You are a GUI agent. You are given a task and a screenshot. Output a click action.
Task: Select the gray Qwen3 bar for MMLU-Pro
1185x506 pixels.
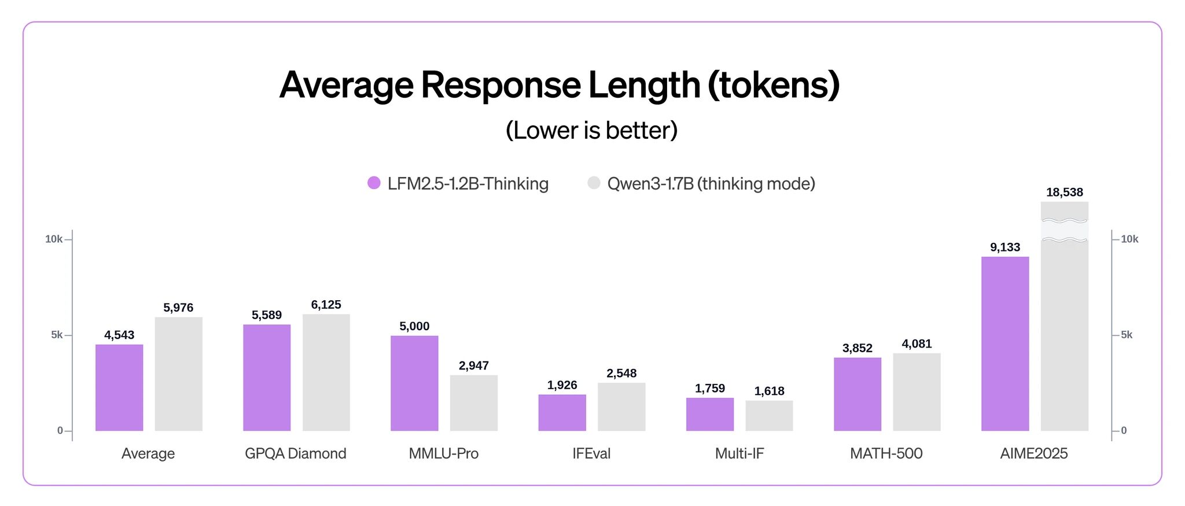coord(474,403)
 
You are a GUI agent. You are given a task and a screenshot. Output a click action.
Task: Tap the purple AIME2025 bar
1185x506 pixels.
coord(1005,344)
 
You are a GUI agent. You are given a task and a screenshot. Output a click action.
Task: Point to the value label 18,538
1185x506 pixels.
coord(1065,193)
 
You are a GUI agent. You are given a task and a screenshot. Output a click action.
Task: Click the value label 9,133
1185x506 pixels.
coord(1005,248)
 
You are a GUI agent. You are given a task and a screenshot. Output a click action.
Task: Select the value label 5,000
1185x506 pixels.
coord(414,327)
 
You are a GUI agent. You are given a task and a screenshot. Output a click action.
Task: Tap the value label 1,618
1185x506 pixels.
coord(769,391)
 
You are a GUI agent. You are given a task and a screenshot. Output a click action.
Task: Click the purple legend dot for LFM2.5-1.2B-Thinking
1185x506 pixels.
coord(374,183)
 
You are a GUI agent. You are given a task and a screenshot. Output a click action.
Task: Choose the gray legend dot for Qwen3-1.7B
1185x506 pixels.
coord(594,183)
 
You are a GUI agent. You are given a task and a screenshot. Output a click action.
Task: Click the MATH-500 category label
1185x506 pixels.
coord(886,453)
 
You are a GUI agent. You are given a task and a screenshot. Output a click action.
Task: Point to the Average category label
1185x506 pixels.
coord(148,453)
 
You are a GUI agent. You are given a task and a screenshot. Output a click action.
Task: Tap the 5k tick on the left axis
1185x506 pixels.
coord(57,335)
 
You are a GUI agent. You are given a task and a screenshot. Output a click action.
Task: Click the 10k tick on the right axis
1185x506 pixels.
coord(1129,239)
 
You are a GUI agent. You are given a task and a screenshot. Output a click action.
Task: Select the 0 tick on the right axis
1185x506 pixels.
coord(1124,430)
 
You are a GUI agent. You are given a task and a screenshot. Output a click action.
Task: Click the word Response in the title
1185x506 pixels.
coord(501,85)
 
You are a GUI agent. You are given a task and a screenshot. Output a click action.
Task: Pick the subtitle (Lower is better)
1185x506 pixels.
coord(591,131)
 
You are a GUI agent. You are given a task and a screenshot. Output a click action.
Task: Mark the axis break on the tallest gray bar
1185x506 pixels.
coord(1065,230)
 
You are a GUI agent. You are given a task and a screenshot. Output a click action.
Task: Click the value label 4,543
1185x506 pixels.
coord(119,335)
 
